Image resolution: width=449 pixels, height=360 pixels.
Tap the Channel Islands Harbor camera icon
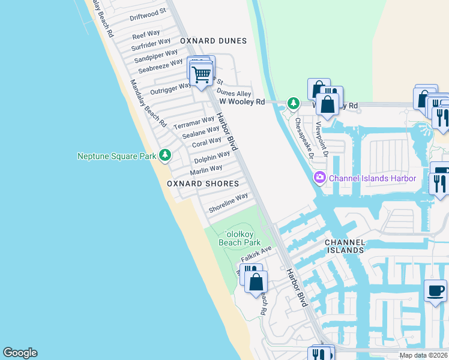[319, 177]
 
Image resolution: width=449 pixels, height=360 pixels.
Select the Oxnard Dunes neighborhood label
[213, 41]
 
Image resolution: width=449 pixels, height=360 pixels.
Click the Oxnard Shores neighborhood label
[203, 184]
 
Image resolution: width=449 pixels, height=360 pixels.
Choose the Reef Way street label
[146, 34]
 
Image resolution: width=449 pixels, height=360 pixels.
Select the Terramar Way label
[194, 124]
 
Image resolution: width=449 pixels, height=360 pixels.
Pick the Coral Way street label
[206, 143]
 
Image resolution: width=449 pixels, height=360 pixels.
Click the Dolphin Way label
[212, 158]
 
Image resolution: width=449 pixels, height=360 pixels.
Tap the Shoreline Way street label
[228, 203]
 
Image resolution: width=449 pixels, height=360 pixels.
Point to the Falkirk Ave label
[257, 253]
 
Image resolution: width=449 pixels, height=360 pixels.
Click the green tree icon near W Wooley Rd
[293, 103]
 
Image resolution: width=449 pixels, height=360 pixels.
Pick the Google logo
[20, 353]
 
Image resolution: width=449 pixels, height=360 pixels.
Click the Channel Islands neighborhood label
[344, 246]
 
